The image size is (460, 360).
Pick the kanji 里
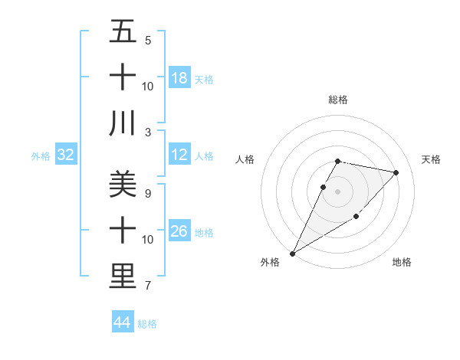[x=123, y=276]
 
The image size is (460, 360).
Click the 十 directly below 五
[x=123, y=78]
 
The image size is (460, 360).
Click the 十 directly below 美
[x=123, y=231]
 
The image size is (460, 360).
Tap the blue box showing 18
[x=179, y=78]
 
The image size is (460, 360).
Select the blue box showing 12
[x=179, y=155]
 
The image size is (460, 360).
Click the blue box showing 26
[x=179, y=231]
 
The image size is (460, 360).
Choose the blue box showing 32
[x=66, y=155]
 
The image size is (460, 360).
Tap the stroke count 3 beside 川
[x=148, y=132]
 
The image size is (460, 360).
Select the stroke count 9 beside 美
[x=148, y=192]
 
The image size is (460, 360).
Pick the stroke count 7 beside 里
[x=148, y=286]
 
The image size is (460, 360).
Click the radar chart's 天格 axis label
[x=432, y=159]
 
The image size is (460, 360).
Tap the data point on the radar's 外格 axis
[x=292, y=254]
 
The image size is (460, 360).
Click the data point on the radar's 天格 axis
[x=396, y=172]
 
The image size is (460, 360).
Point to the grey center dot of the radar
[x=337, y=192]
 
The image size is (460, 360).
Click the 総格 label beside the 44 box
[x=147, y=324]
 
